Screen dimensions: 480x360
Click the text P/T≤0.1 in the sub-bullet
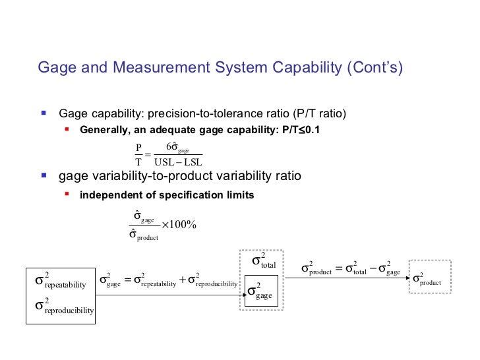click(297, 129)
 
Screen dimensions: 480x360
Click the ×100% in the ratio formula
click(179, 227)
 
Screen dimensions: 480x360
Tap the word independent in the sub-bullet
click(107, 195)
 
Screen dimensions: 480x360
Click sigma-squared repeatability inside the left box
click(60, 282)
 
